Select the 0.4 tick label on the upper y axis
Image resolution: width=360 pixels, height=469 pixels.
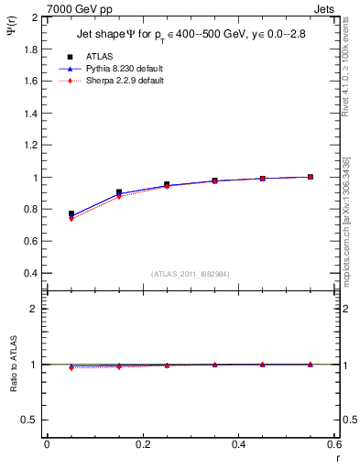31,273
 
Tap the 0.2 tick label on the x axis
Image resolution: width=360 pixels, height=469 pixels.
142,443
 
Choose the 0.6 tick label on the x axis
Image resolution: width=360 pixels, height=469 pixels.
333,443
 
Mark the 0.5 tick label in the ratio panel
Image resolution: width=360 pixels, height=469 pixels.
31,420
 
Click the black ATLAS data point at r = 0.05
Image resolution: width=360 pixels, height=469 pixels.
71,213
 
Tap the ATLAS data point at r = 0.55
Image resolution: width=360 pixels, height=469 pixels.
311,177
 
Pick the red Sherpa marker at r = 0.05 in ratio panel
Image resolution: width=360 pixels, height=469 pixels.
71,367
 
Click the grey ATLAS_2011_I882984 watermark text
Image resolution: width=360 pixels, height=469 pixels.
190,274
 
